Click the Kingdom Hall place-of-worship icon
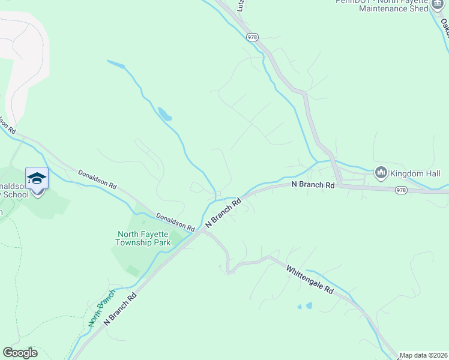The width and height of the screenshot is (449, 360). point(381,173)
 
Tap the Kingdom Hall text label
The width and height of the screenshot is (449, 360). point(415,174)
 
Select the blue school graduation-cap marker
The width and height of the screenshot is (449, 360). point(37,179)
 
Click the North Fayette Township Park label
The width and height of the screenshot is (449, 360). point(143,238)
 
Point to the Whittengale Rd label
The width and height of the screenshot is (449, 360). point(310,280)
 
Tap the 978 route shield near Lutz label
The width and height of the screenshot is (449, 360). point(252,37)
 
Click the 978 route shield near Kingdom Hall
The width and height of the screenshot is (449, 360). point(401,190)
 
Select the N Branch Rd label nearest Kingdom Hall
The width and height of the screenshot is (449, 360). point(313,185)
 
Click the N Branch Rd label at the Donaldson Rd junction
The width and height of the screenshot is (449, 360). point(223,212)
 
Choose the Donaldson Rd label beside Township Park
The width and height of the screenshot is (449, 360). point(175,222)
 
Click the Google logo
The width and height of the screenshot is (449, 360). point(20,353)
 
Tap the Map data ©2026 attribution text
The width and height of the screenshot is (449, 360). point(423,355)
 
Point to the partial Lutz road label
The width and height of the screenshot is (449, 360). point(241,5)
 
